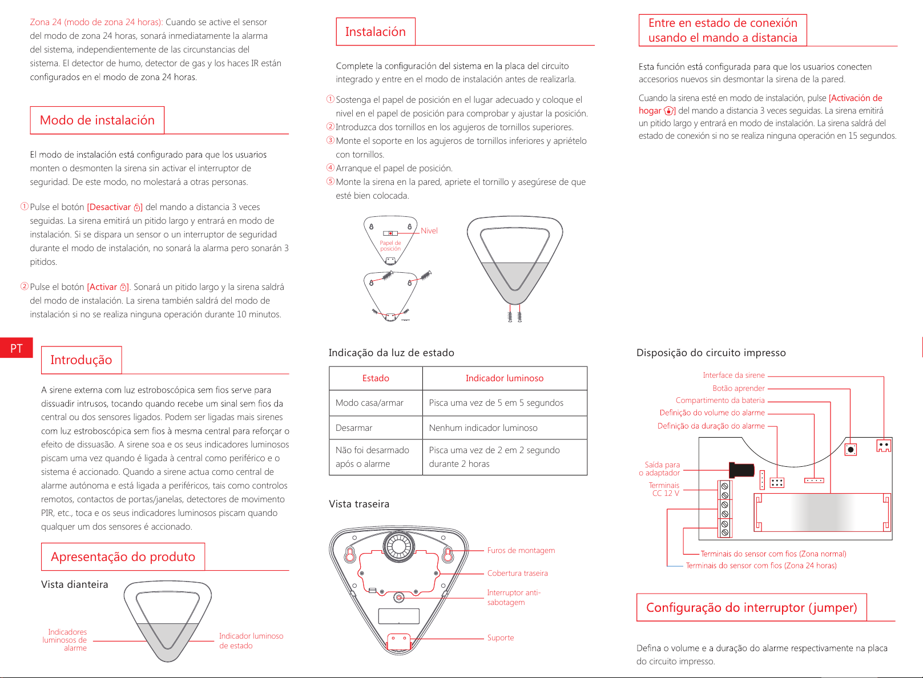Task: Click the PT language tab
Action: [16, 348]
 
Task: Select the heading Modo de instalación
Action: [97, 120]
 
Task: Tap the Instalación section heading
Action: [375, 32]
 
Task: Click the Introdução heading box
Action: [81, 360]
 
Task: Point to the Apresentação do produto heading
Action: [123, 557]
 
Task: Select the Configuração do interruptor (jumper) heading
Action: [751, 608]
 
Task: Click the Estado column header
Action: [376, 378]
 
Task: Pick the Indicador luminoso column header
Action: [504, 378]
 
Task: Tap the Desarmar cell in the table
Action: [354, 428]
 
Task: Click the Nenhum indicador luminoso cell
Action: [483, 428]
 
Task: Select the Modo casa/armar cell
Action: [369, 403]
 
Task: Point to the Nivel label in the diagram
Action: [429, 231]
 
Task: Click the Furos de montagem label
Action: [521, 551]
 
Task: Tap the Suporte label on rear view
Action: [501, 638]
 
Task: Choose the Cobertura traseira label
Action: [517, 574]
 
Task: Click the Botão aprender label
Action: [738, 389]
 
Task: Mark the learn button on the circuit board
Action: [851, 450]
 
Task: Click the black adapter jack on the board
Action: [741, 470]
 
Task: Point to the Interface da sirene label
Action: [733, 376]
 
